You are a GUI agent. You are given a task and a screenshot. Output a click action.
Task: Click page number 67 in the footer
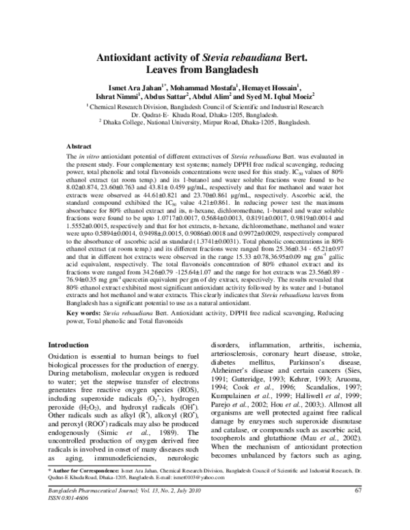358,509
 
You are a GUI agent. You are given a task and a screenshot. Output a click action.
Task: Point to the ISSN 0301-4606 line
66,518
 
